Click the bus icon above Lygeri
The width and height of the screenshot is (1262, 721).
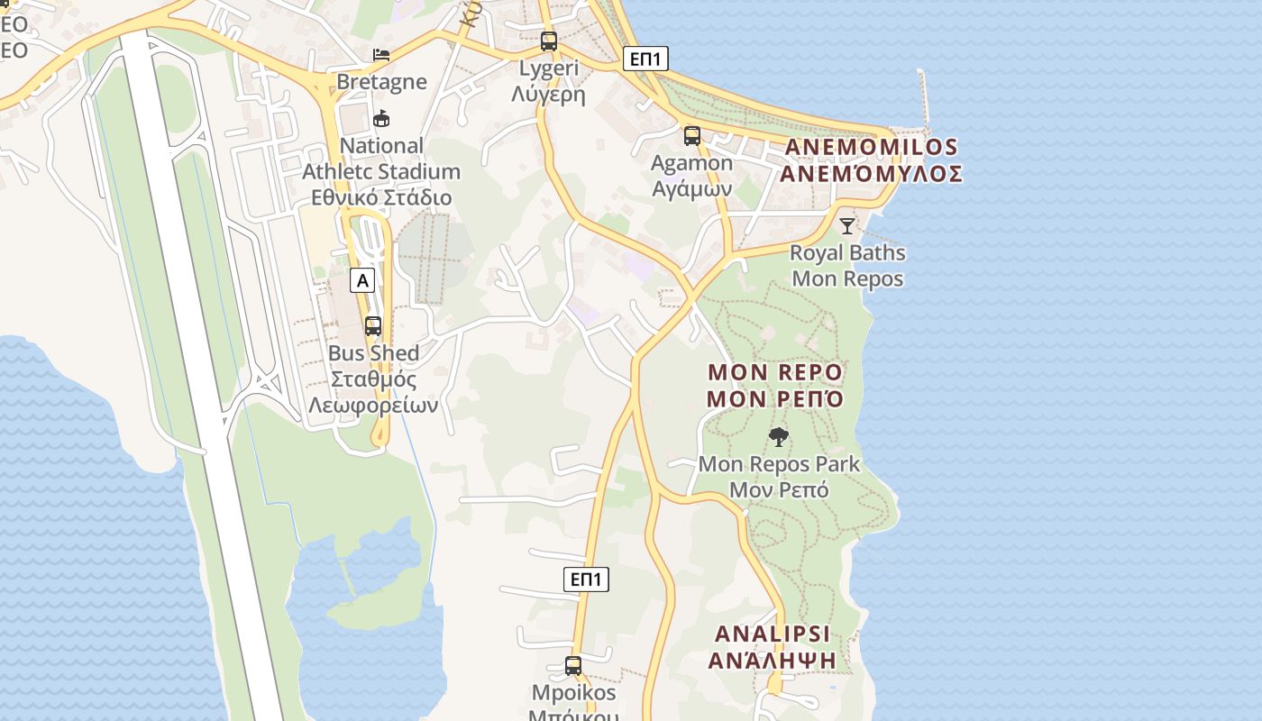tap(548, 41)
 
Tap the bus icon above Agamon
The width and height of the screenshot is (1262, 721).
tap(691, 136)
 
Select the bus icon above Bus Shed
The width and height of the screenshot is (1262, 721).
tap(372, 326)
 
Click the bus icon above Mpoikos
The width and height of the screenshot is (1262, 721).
tap(572, 666)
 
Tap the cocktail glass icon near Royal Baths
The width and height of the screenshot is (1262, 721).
tap(846, 225)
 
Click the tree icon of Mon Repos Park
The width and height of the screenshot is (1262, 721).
tap(779, 438)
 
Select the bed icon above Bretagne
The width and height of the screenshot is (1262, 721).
tap(381, 55)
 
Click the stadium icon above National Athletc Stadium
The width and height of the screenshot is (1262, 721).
tap(381, 118)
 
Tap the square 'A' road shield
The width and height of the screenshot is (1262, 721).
tap(362, 280)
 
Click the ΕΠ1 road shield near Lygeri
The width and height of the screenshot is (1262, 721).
tap(645, 59)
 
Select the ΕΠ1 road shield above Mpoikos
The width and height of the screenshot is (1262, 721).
tap(586, 579)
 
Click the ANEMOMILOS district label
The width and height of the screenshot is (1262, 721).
tap(870, 147)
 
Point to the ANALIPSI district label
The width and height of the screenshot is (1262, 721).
tap(772, 634)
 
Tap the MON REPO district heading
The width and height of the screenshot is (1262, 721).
tap(774, 372)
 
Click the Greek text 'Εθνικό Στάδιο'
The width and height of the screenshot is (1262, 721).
tap(381, 197)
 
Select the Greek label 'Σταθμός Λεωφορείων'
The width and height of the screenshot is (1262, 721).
tap(373, 392)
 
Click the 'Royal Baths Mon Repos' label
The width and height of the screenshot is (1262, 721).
tap(847, 266)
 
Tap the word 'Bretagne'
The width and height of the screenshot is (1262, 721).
tap(381, 82)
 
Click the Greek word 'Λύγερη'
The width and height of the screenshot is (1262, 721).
tap(548, 95)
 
